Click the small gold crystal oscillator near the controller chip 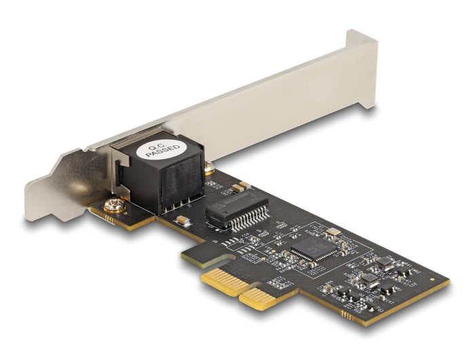tap(332, 232)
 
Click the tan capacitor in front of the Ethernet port tap(182, 219)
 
